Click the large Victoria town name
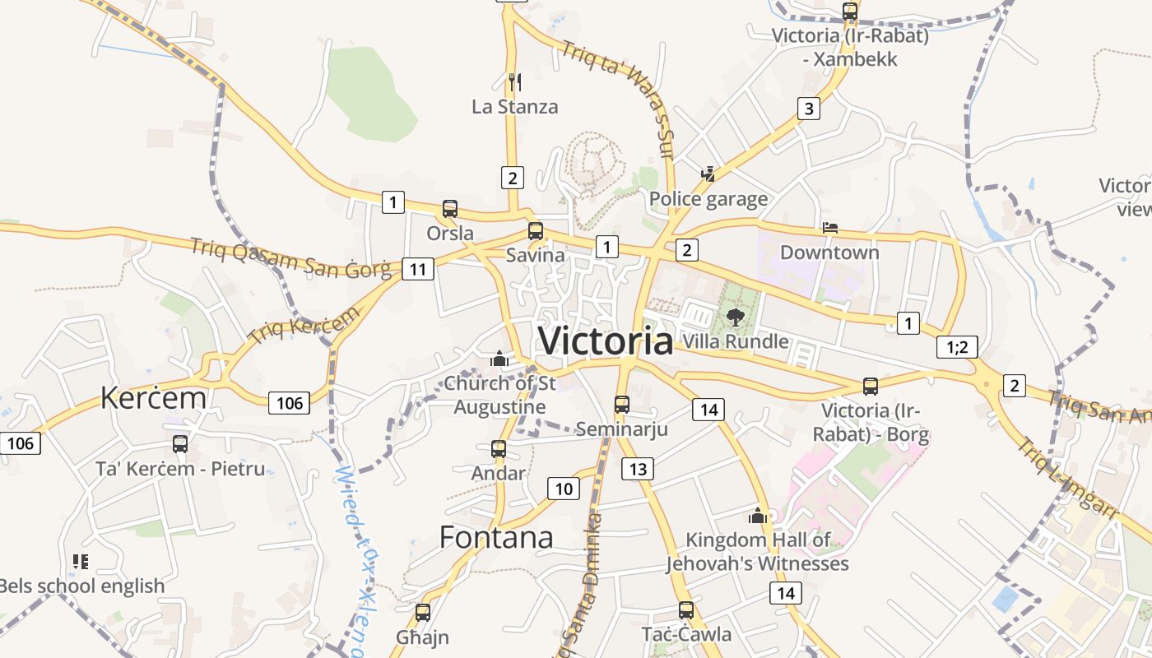click(x=605, y=341)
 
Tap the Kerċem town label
click(x=153, y=397)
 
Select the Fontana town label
click(x=496, y=537)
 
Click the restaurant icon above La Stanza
click(x=515, y=81)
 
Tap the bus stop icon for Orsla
click(x=450, y=209)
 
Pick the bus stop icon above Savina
click(x=536, y=231)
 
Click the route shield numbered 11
click(x=418, y=269)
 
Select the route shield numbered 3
click(x=809, y=109)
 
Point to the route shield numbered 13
click(x=637, y=469)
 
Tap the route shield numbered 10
click(x=564, y=489)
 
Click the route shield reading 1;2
click(x=957, y=347)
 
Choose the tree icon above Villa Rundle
click(x=735, y=317)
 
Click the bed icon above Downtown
click(x=830, y=228)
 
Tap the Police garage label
click(x=708, y=199)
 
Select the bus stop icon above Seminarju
click(x=622, y=405)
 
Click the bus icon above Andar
click(x=499, y=449)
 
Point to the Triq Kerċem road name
click(x=304, y=325)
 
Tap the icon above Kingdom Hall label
click(x=757, y=517)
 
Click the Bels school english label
click(x=82, y=586)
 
